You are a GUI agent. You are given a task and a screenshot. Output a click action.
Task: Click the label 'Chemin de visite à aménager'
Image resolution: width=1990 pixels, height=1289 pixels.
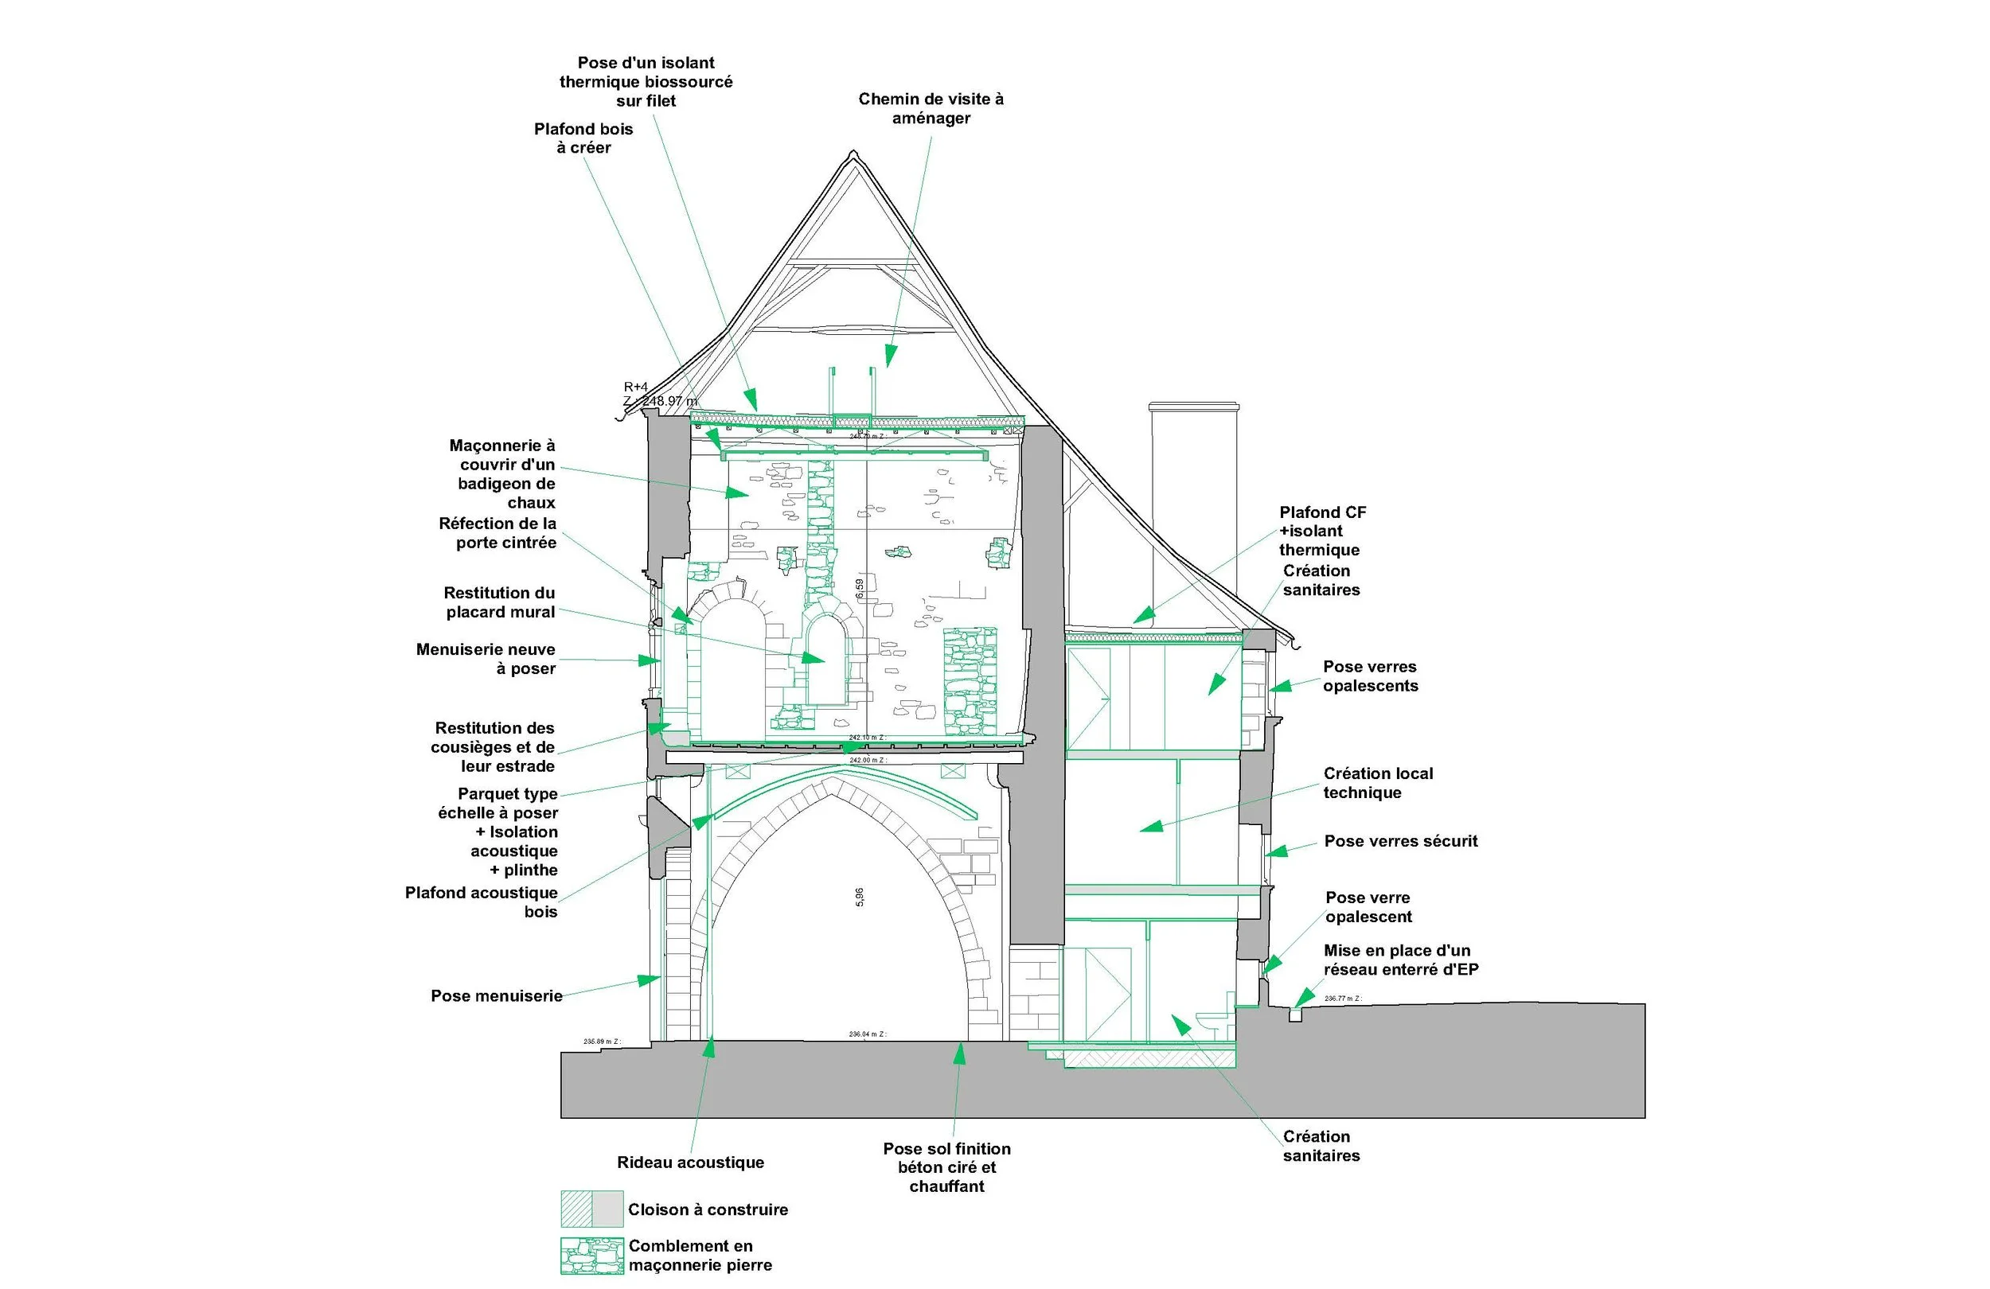[x=930, y=109]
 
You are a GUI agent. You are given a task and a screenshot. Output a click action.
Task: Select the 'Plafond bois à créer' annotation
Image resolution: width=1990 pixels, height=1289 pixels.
[x=583, y=138]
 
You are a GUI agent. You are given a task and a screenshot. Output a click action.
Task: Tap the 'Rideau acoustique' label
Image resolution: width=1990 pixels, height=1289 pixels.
[x=690, y=1162]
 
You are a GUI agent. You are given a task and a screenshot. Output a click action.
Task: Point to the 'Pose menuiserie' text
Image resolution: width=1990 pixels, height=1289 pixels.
[x=496, y=995]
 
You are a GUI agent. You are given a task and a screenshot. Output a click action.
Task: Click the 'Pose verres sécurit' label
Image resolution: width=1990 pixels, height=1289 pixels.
[x=1400, y=841]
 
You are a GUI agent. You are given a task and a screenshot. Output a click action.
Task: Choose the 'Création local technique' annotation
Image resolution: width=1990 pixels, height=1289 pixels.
[x=1377, y=783]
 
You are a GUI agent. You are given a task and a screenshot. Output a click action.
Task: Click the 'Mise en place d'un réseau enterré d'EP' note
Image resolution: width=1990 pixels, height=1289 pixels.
[x=1400, y=960]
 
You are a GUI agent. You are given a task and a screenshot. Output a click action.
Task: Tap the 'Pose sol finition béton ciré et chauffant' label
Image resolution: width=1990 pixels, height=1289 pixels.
[x=946, y=1167]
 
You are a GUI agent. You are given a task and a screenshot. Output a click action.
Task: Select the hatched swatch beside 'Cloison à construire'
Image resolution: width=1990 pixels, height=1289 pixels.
[x=576, y=1209]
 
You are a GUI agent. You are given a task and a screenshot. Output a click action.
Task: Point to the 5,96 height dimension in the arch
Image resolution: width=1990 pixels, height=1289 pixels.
[x=860, y=897]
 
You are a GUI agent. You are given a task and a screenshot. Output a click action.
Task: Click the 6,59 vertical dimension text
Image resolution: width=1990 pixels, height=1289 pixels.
[x=860, y=589]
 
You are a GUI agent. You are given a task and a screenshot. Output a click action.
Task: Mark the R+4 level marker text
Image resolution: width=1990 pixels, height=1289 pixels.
[x=635, y=387]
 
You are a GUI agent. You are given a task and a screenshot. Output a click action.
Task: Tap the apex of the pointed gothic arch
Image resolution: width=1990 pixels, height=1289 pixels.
[x=832, y=783]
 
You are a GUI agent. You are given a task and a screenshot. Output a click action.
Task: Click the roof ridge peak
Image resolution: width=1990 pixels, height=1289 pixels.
[x=853, y=153]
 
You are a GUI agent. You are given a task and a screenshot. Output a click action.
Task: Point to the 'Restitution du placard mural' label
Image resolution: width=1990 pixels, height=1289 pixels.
[x=499, y=602]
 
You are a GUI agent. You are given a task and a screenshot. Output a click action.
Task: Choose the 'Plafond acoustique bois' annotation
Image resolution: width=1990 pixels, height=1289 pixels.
[x=482, y=902]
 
